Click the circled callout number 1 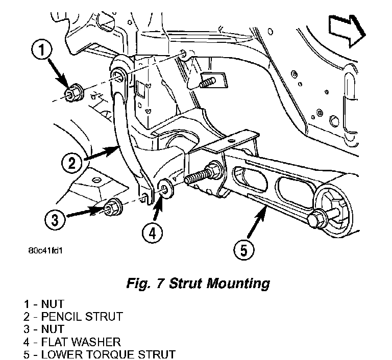tap(42, 50)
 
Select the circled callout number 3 tap(55, 220)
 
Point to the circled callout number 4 tap(152, 234)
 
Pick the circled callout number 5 tap(244, 250)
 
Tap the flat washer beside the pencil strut tap(165, 189)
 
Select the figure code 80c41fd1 tap(45, 250)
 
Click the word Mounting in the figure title tap(238, 284)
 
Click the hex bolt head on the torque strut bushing tap(317, 219)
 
